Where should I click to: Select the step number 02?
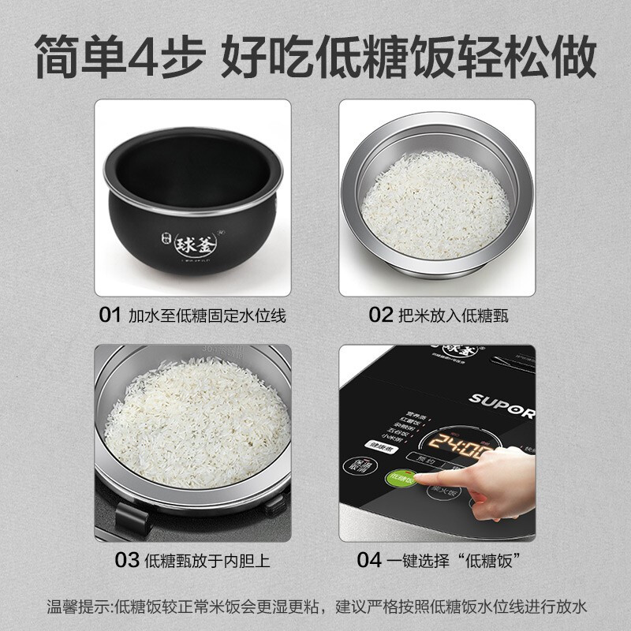[x=381, y=316]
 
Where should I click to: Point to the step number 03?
[x=127, y=561]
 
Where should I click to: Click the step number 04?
[x=369, y=561]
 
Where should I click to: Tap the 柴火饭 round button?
[x=442, y=491]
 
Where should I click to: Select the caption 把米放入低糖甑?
[x=453, y=316]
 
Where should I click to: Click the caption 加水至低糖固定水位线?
[x=207, y=316]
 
